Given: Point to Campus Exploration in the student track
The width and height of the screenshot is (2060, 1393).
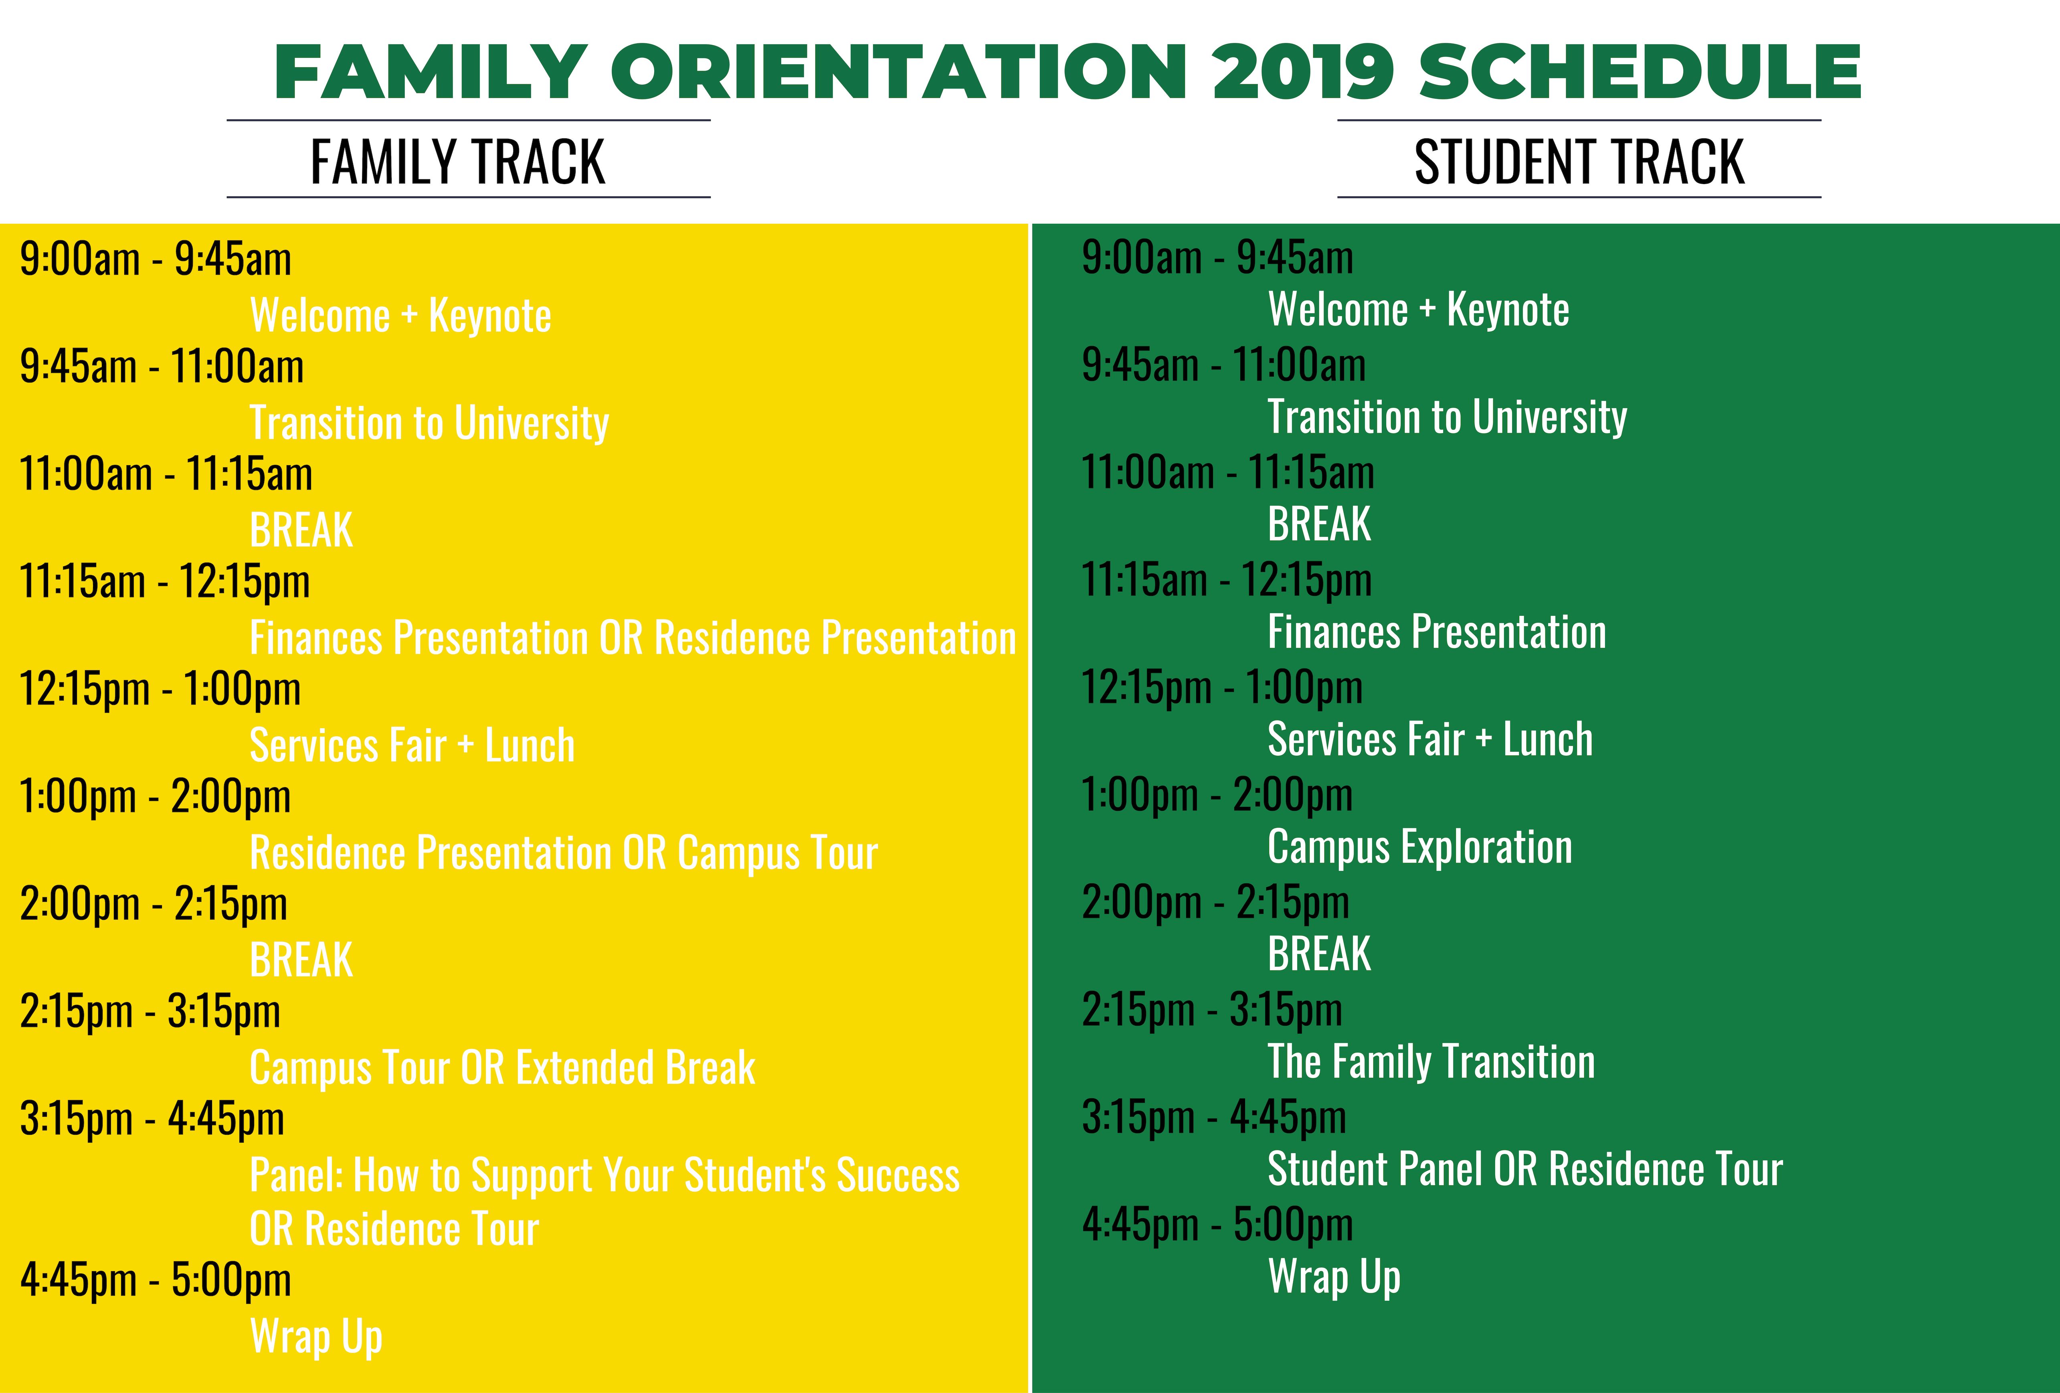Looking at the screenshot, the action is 1420,847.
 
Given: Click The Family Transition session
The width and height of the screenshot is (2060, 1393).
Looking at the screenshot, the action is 1431,1061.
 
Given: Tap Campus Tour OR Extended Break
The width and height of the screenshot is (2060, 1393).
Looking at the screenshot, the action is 503,1067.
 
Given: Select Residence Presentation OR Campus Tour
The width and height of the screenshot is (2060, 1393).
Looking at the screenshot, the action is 564,853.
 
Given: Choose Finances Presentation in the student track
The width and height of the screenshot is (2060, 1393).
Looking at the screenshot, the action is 1437,631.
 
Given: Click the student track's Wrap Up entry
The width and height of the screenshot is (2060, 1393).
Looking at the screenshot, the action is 1334,1277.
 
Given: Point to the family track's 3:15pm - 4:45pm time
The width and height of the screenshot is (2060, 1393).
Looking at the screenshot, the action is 152,1119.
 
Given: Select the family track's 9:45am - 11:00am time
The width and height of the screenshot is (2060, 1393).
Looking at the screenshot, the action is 162,366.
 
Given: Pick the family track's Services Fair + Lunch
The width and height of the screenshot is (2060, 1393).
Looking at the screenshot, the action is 412,745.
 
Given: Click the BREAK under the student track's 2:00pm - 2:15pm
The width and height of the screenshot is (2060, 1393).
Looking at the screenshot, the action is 1319,954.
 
